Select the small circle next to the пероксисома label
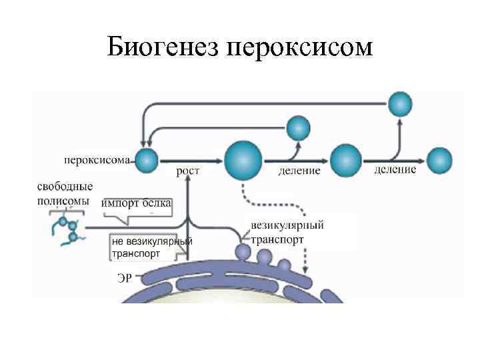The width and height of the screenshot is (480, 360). click(x=147, y=159)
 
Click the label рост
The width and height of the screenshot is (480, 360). click(x=188, y=171)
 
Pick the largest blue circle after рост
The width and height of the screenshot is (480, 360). click(x=243, y=160)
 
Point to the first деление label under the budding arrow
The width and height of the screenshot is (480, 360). click(x=299, y=171)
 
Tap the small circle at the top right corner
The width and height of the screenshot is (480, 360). click(x=401, y=103)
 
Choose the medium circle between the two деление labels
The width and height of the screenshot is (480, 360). click(x=346, y=159)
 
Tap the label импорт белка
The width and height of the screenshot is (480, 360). click(x=137, y=203)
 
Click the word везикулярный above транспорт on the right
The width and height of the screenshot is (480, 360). click(x=288, y=226)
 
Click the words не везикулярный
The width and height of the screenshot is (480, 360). click(x=151, y=241)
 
